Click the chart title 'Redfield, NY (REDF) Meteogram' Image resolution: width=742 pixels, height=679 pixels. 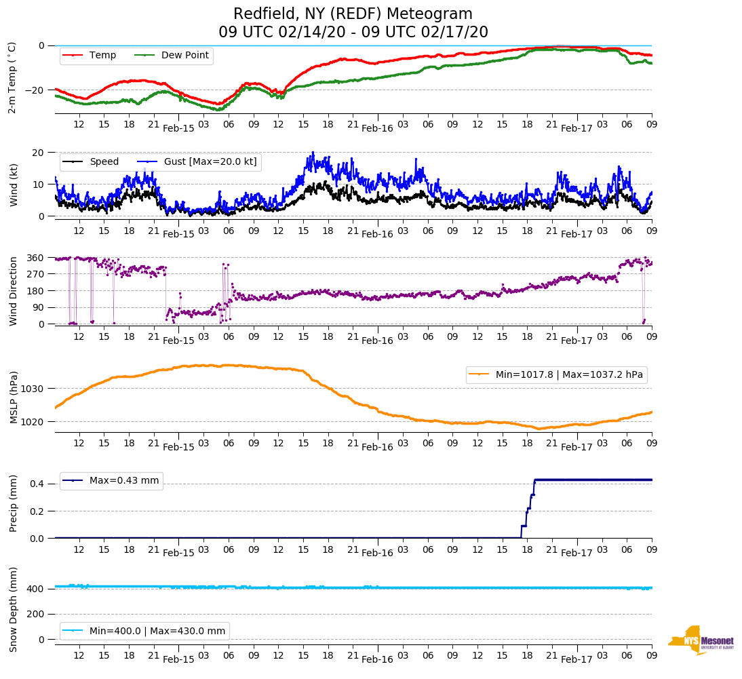pos(353,14)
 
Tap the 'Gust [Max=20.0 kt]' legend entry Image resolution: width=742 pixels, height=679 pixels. pos(211,161)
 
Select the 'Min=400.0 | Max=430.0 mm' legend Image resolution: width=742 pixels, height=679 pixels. pos(157,631)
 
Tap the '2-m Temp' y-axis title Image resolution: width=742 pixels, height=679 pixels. pos(12,77)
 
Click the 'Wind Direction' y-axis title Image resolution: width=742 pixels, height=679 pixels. pos(13,291)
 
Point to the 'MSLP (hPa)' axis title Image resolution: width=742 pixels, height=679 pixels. pos(14,397)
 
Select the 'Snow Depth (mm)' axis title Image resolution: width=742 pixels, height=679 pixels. pos(13,608)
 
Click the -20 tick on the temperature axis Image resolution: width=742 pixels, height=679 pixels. pos(35,90)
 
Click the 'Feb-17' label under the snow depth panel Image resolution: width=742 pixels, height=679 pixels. pos(577,659)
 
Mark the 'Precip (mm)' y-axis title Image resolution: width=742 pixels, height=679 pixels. pos(13,503)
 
